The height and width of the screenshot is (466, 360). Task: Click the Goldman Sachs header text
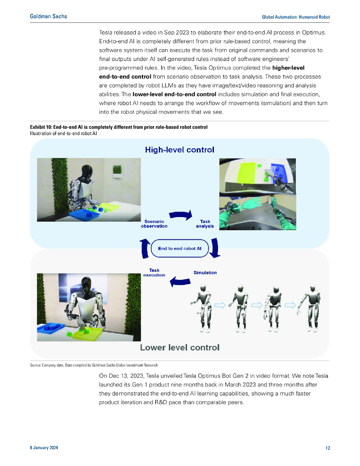pos(48,16)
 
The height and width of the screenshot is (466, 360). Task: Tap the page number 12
pos(327,448)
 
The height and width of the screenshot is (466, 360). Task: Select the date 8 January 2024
pos(44,448)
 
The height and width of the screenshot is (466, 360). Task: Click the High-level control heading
pos(179,149)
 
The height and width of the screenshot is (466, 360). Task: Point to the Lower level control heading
pos(179,348)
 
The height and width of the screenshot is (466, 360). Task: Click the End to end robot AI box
pos(180,248)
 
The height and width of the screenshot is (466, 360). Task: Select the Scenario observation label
pos(154,224)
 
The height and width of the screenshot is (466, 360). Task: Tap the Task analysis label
pos(205,224)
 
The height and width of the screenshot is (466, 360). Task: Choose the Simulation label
pos(205,273)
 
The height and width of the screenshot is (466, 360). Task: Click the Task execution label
pos(154,273)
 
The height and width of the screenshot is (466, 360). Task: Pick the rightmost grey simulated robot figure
pos(310,307)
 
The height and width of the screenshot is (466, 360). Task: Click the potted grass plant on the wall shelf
pos(117,171)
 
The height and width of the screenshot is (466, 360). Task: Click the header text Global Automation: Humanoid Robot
pos(296,17)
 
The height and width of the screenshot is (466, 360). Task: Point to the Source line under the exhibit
pos(94,365)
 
